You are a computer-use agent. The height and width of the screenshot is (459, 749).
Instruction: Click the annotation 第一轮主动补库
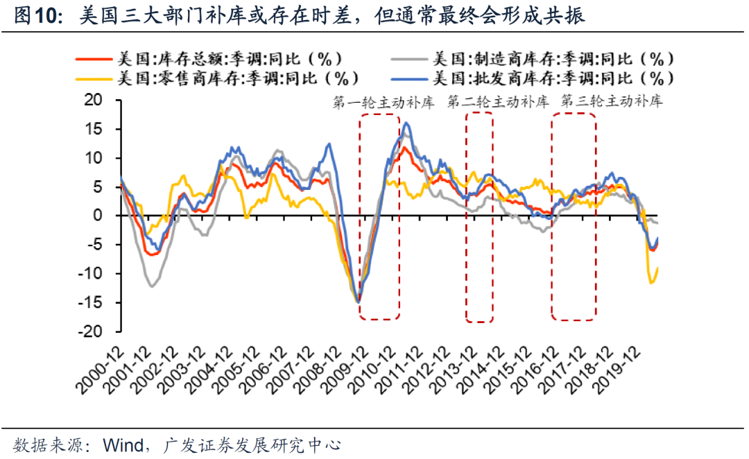(384, 102)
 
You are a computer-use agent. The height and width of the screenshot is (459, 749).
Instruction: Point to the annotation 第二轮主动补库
(498, 102)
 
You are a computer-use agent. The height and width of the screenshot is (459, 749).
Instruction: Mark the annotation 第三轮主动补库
(611, 102)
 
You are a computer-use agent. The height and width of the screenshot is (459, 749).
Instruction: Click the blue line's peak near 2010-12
(406, 123)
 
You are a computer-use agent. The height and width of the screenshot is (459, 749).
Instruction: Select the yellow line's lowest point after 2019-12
(651, 282)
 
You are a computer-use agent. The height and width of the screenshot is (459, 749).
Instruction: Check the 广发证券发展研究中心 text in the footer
(252, 444)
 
